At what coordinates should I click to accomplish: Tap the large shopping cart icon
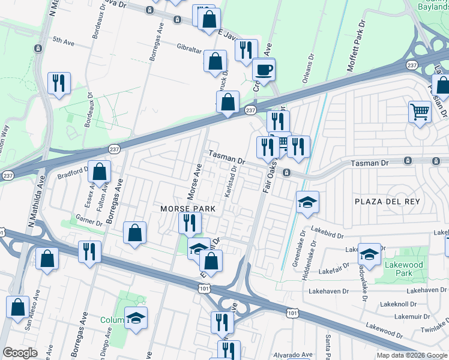(420, 112)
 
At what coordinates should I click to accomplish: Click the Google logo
(20, 353)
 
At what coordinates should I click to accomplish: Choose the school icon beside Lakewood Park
(369, 254)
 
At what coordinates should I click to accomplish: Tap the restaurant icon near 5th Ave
(59, 84)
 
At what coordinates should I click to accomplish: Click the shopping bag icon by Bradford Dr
(100, 172)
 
